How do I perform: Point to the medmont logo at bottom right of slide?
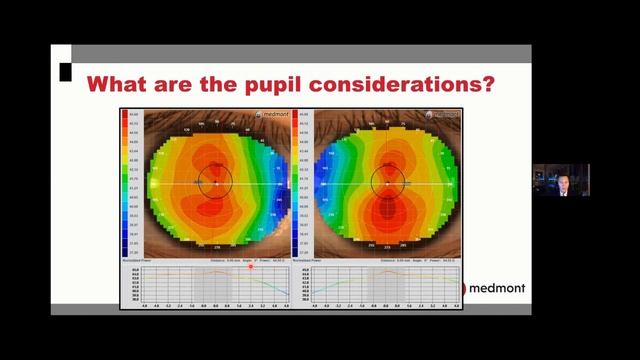pyautogui.click(x=494, y=289)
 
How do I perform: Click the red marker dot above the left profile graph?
pyautogui.click(x=251, y=267)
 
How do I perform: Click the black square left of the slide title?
pyautogui.click(x=65, y=71)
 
